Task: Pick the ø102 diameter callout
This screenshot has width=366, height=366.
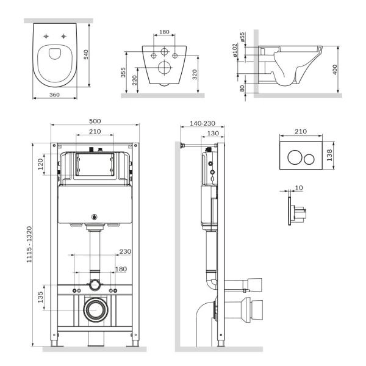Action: pos(236,52)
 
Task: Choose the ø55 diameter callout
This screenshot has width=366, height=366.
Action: pos(242,37)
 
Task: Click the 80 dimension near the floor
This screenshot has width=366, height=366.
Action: pos(242,88)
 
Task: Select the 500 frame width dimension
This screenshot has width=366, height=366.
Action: pos(95,121)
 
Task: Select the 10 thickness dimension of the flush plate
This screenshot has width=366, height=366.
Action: pos(298,188)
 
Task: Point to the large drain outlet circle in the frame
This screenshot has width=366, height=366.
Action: pos(95,310)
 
